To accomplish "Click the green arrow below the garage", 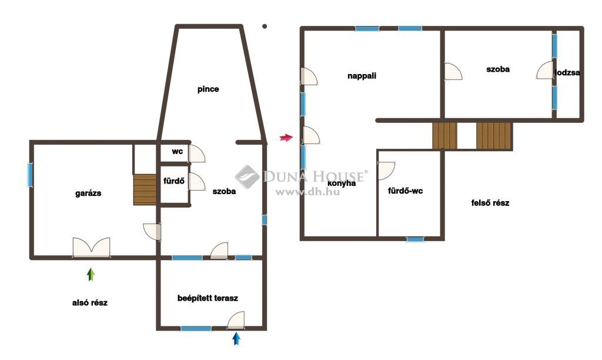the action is pyautogui.click(x=91, y=274).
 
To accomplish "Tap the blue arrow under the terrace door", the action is pyautogui.click(x=236, y=338).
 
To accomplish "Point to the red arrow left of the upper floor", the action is pyautogui.click(x=286, y=137).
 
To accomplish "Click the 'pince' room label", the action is pyautogui.click(x=208, y=89).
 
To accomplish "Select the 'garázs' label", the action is pyautogui.click(x=88, y=194).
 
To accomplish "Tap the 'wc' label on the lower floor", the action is pyautogui.click(x=177, y=151).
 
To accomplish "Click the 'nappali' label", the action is pyautogui.click(x=362, y=76).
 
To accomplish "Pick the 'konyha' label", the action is pyautogui.click(x=342, y=184).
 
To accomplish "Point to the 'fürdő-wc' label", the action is pyautogui.click(x=406, y=191).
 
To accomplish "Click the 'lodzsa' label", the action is pyautogui.click(x=567, y=72).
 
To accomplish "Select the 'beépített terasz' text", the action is pyautogui.click(x=208, y=298).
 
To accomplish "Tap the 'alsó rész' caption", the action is pyautogui.click(x=90, y=303).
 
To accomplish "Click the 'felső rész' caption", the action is pyautogui.click(x=490, y=203).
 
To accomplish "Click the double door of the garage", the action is pyautogui.click(x=91, y=247).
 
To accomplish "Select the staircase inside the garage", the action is pyautogui.click(x=145, y=189).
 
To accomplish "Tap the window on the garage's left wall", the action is pyautogui.click(x=30, y=175).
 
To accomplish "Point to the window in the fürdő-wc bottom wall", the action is pyautogui.click(x=415, y=239).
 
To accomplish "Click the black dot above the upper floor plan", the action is pyautogui.click(x=265, y=26).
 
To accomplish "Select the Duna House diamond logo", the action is pyautogui.click(x=248, y=176).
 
